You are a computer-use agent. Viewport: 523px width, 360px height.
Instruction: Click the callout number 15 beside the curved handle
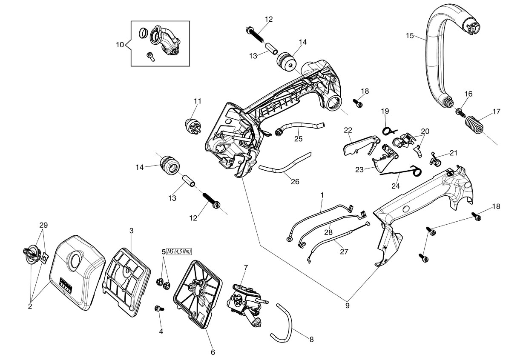410,36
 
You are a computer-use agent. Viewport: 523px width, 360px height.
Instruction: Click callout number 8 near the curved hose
311,340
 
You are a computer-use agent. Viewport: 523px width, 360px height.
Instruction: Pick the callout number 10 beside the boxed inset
120,45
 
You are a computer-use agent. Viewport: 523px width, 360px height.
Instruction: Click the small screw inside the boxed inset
151,57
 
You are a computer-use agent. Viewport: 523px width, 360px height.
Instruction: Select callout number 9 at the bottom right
347,306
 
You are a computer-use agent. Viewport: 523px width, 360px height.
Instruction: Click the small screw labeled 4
159,309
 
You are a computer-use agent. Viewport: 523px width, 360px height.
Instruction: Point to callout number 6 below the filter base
213,352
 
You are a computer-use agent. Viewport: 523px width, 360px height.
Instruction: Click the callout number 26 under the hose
295,182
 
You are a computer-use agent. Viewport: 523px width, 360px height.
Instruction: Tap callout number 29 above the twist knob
43,225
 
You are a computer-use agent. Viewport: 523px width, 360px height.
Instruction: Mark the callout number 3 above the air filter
131,231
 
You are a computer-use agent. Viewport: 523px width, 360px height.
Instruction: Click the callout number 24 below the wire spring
396,186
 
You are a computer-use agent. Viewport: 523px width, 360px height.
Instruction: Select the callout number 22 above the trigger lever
348,130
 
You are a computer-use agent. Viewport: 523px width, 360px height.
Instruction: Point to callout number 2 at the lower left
30,306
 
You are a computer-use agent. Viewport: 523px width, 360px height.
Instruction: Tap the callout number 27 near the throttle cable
344,251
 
